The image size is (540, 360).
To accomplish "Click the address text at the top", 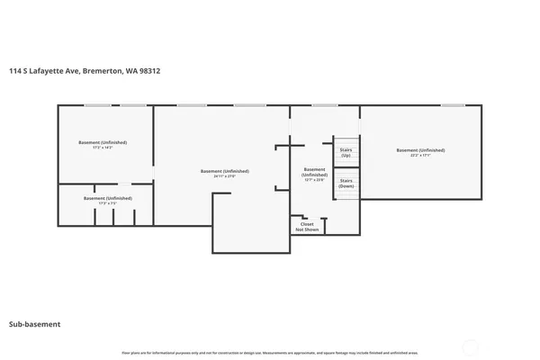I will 85,70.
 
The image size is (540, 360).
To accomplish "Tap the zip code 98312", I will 150,70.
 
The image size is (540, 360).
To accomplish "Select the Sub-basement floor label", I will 34,324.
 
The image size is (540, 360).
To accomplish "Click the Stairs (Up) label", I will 346,154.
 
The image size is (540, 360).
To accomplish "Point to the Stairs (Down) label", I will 346,183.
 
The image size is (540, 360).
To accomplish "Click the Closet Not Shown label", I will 307,227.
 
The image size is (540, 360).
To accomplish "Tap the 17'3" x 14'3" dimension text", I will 103,148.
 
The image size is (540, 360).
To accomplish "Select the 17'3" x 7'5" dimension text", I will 107,203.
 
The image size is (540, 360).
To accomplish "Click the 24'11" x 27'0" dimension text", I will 224,176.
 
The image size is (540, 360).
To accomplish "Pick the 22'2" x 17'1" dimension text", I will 420,156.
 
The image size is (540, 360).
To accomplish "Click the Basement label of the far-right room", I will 420,150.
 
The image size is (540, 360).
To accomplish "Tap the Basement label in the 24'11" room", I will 224,171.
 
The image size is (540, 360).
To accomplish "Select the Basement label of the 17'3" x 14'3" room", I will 103,142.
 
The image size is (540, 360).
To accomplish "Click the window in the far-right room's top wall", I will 453,105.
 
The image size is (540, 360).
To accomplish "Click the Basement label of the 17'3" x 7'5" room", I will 107,198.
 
